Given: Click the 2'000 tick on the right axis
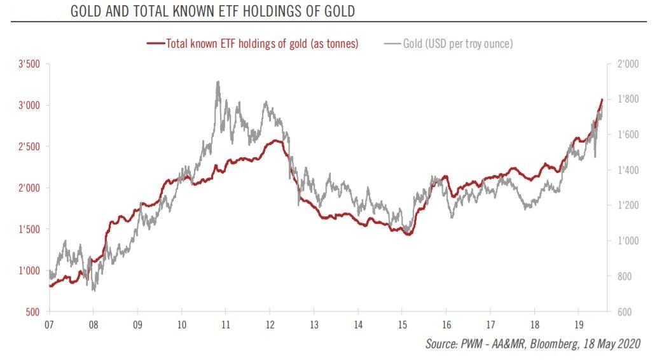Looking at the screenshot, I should (x=628, y=64).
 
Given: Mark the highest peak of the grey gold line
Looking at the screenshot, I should (x=218, y=81).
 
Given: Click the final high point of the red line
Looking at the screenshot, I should (x=602, y=99).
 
